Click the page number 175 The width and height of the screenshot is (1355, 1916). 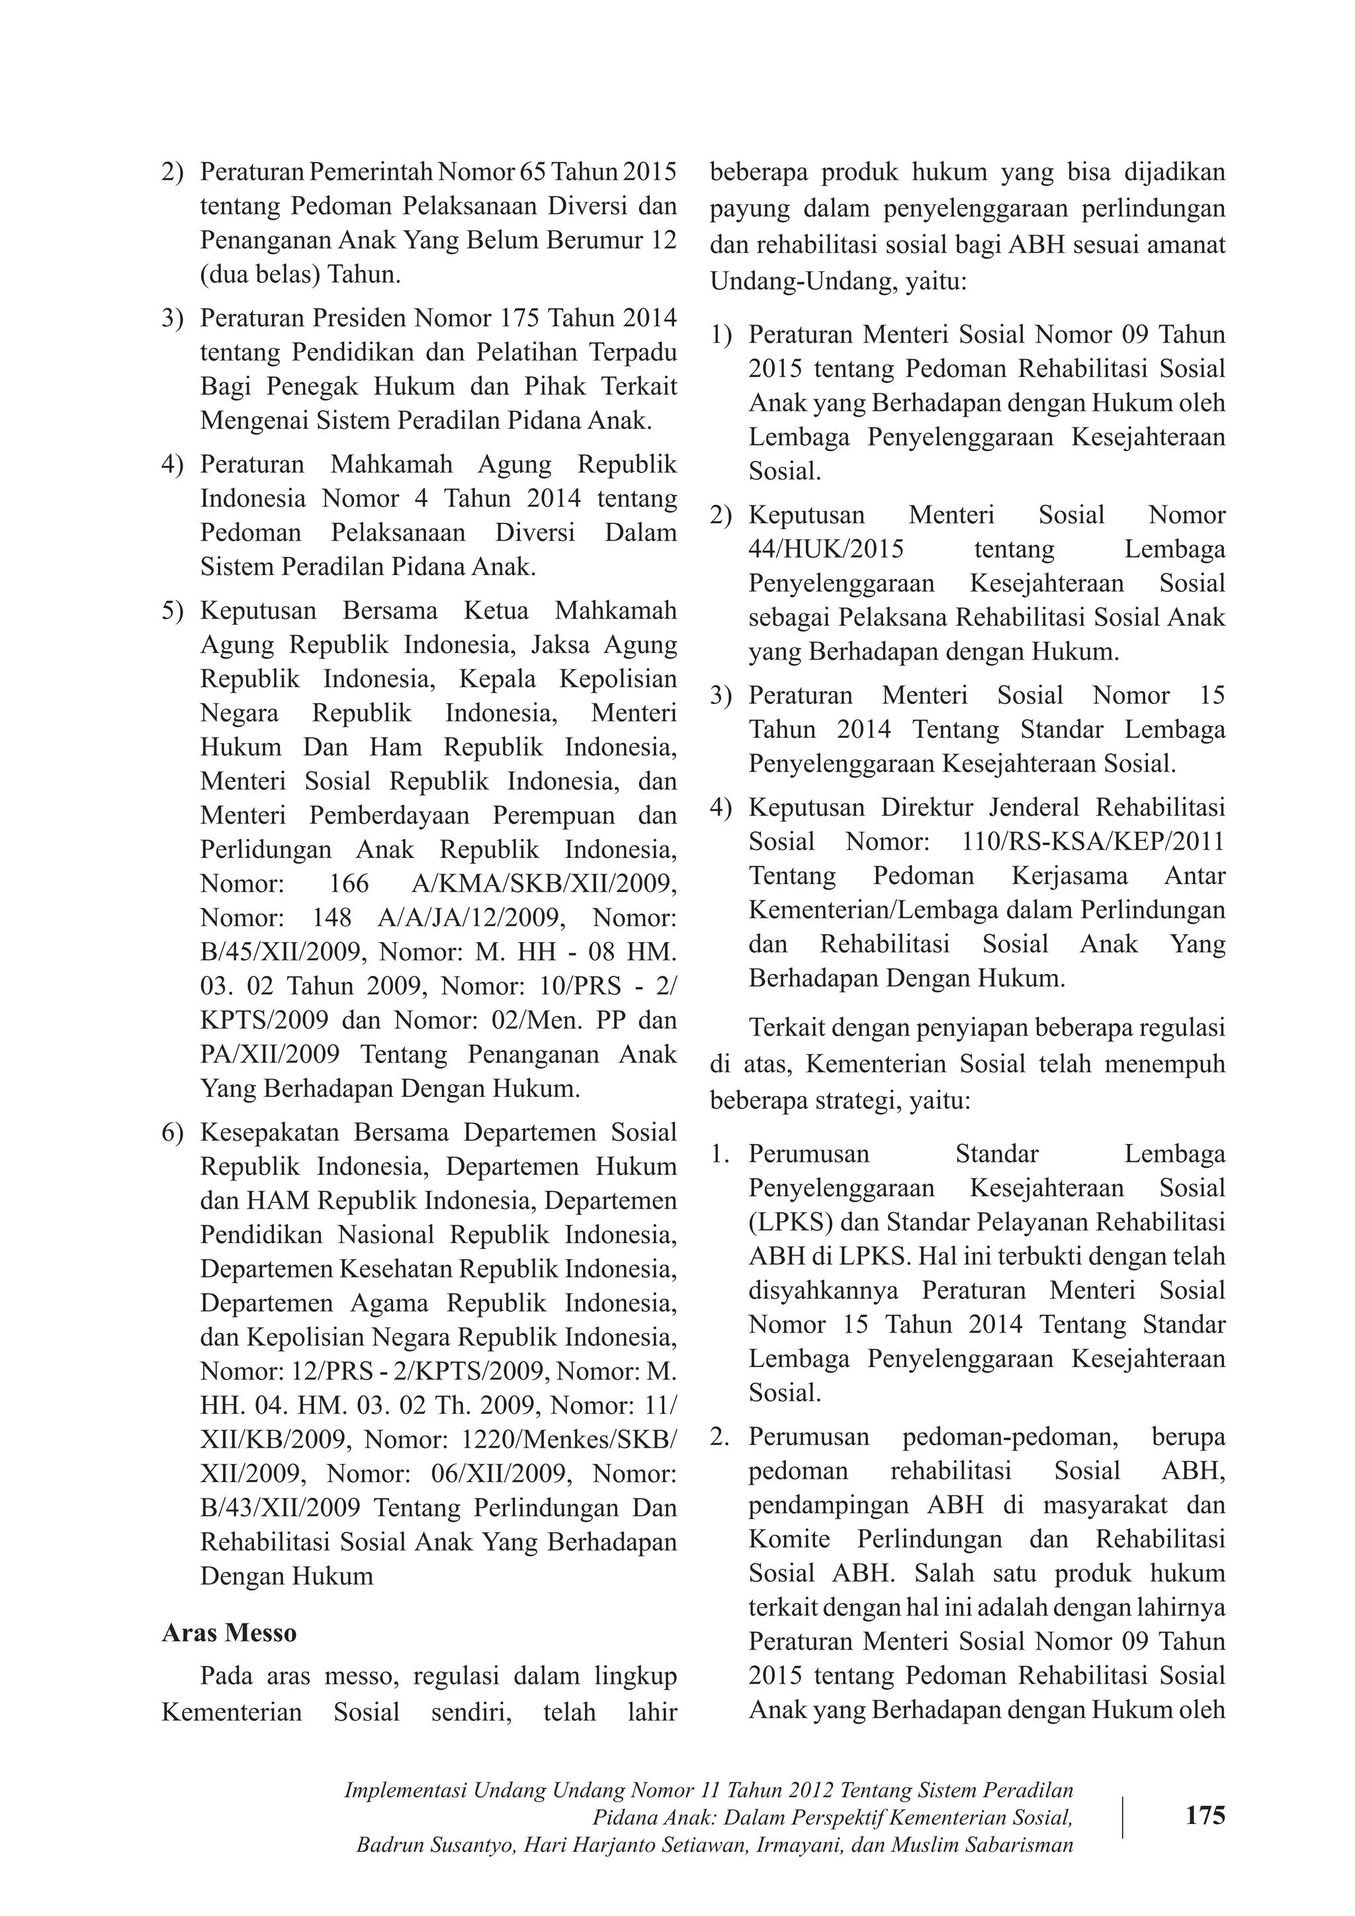[x=1205, y=1815]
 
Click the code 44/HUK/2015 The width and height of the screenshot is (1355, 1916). [x=826, y=549]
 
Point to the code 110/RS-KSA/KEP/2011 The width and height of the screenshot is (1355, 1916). [x=1093, y=841]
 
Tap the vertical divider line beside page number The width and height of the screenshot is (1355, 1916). [x=1123, y=1817]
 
